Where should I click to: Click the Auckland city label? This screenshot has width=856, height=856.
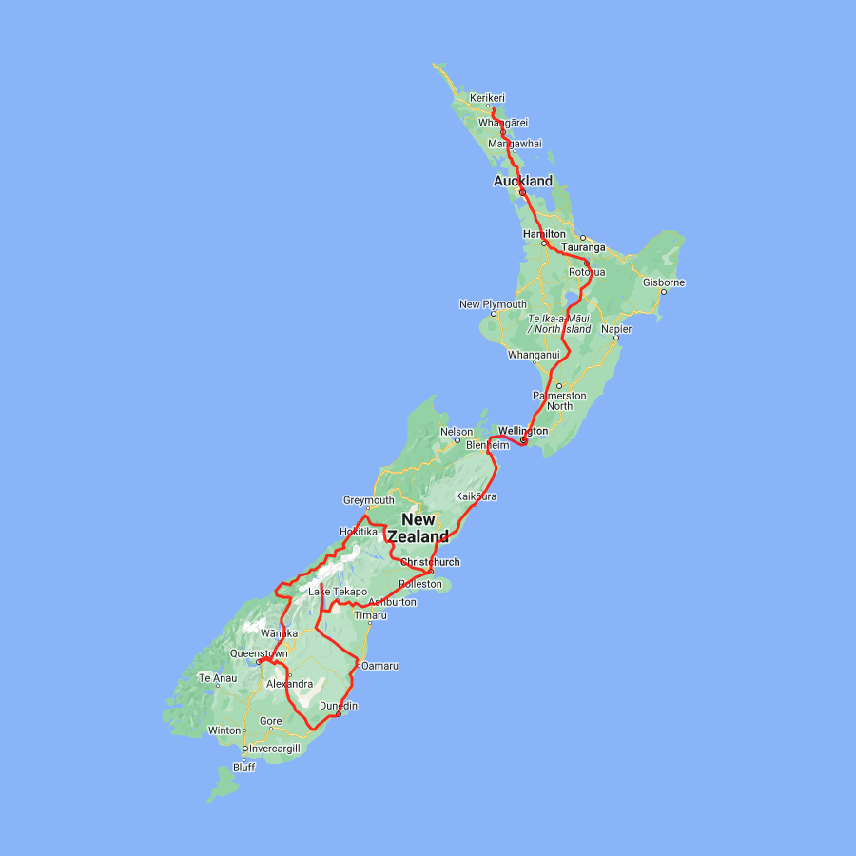coord(522,181)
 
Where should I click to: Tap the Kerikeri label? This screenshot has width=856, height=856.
coord(487,97)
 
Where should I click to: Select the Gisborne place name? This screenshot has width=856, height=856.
coord(663,282)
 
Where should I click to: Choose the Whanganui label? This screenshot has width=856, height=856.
coord(534,354)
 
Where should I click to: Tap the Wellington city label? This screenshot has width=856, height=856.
coord(522,431)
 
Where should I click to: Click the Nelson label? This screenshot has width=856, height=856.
coord(456,432)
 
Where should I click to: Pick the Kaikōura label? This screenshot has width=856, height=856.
coord(476,496)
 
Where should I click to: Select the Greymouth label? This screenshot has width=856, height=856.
coord(368,500)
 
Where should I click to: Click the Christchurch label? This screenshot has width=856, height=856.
coord(430,562)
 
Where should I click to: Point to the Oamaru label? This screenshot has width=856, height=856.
coord(379,666)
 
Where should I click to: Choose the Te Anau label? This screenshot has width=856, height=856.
coord(217,678)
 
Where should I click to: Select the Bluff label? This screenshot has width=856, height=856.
coord(243,768)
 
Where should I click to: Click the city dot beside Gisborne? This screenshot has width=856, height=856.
coord(663,292)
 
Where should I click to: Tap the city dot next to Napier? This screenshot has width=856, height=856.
coord(615,337)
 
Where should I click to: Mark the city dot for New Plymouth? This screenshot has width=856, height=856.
coord(493,314)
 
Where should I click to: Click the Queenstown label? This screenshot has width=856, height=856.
coord(258,653)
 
